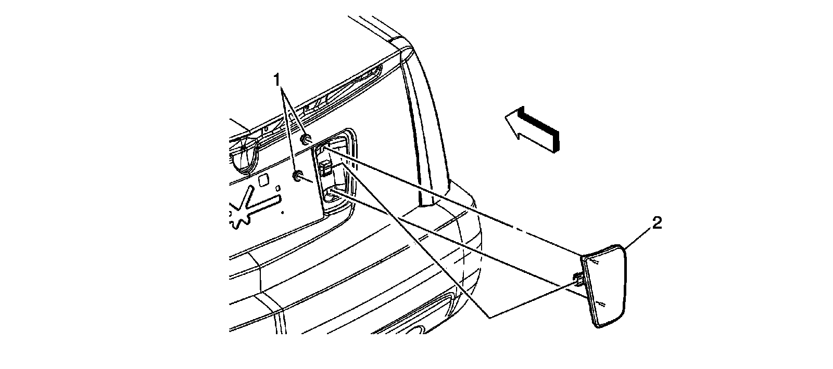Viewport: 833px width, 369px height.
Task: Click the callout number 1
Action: (277, 79)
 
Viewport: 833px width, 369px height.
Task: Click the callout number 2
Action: (657, 223)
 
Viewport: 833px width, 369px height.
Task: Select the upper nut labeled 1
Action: (306, 139)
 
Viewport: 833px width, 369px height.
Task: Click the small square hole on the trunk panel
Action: (263, 179)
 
